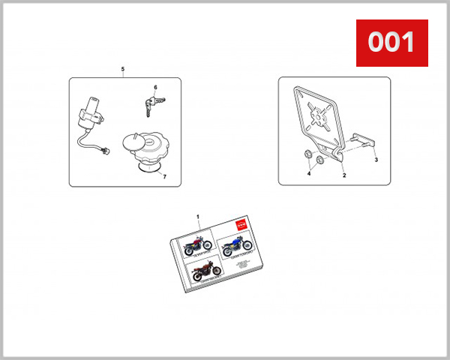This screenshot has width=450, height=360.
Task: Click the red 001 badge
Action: coord(391,42)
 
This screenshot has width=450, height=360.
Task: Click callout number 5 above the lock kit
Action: coord(122,70)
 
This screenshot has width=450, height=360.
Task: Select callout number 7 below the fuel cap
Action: coord(164,177)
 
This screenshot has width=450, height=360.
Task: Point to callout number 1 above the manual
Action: coord(198,217)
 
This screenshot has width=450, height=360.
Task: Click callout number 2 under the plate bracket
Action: coord(343,175)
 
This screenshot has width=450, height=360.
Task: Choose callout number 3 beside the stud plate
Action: coord(376,160)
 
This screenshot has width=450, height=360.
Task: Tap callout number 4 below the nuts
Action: coord(307,174)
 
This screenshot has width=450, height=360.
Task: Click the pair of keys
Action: coord(151,106)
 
